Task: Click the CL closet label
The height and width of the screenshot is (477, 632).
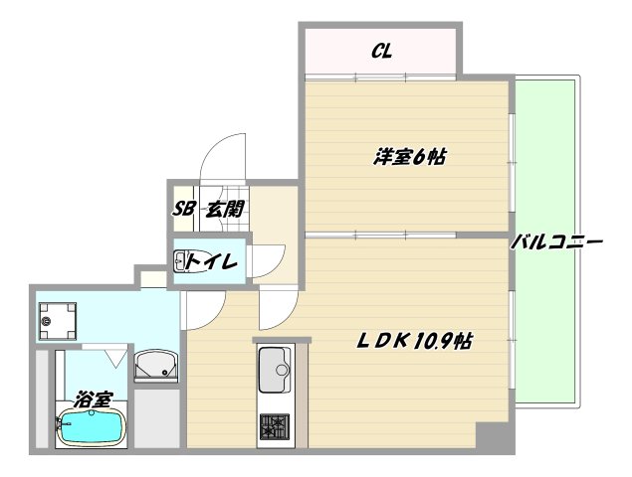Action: tap(381, 51)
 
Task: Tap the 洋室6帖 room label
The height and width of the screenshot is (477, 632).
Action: tap(409, 157)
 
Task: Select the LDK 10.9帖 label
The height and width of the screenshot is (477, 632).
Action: tap(414, 342)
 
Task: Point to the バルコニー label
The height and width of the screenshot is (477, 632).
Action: tap(557, 242)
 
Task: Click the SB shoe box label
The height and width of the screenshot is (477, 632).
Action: tap(184, 209)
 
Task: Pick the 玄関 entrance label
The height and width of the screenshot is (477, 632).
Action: tap(225, 210)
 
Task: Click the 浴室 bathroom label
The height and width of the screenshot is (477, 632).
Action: tap(94, 399)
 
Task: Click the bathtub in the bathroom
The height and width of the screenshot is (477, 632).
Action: tap(92, 427)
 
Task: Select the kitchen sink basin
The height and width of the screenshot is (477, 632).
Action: tap(275, 370)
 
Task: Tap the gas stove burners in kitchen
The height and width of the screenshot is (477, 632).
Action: tap(275, 426)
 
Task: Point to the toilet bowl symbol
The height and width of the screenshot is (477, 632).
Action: tap(180, 261)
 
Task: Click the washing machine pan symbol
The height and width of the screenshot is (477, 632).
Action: tap(58, 321)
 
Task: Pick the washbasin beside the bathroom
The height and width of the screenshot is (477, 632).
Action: tap(155, 366)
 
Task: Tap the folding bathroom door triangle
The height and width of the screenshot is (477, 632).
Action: tap(116, 356)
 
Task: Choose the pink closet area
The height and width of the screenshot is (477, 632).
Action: tap(380, 51)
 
